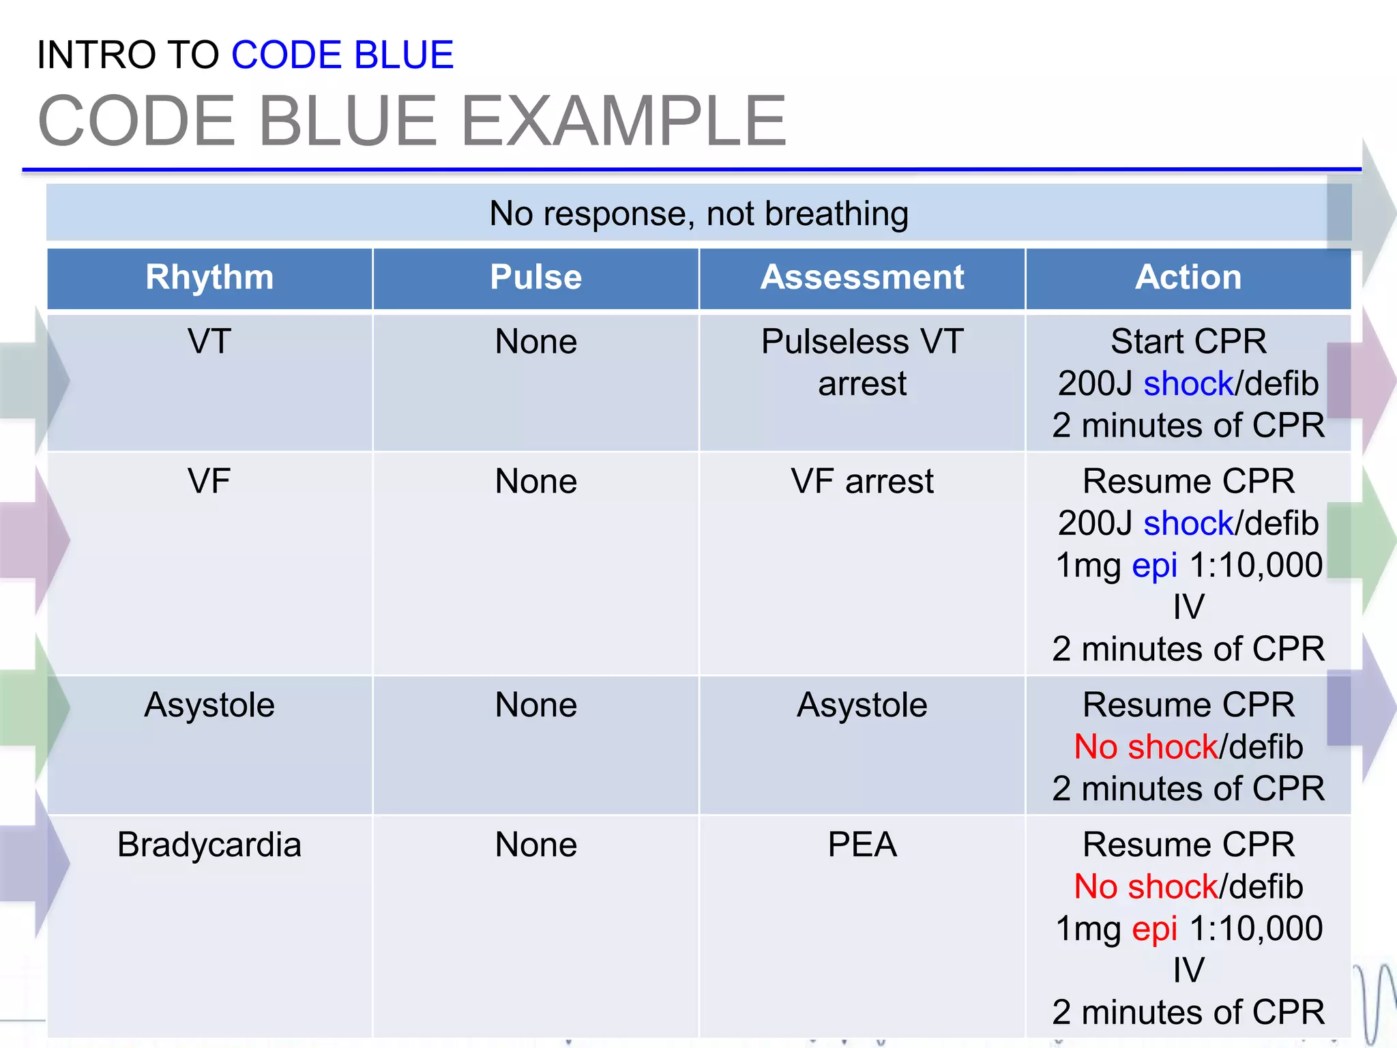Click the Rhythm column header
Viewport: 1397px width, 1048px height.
[209, 278]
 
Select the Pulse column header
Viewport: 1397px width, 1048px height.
[535, 278]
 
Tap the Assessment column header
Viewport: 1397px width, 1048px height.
[862, 278]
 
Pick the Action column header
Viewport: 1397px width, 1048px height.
[1188, 278]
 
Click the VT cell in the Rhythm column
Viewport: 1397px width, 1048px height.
[209, 341]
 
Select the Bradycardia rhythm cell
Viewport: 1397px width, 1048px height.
[209, 845]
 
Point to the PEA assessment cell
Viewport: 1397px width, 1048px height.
[862, 845]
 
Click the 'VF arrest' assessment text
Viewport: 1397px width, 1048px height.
[862, 481]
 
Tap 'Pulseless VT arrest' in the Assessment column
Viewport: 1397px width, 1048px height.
[862, 362]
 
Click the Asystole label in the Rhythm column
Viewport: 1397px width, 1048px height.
[209, 705]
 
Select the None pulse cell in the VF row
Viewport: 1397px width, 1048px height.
[535, 481]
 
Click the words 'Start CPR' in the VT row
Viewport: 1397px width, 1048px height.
[1188, 341]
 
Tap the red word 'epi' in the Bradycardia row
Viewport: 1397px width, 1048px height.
[1154, 929]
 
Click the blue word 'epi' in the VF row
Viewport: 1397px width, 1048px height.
[1154, 566]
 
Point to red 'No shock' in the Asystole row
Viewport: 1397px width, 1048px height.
[1146, 747]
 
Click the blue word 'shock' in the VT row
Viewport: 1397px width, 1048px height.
[1188, 383]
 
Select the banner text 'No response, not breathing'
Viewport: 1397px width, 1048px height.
[698, 214]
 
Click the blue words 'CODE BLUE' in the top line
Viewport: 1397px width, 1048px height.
[342, 55]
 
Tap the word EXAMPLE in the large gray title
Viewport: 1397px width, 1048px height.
[623, 121]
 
